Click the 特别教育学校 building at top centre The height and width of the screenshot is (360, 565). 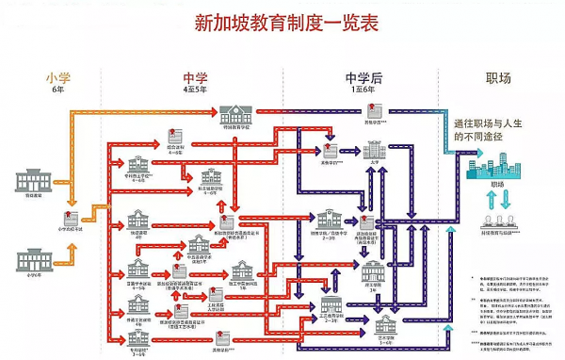pyautogui.click(x=235, y=116)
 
